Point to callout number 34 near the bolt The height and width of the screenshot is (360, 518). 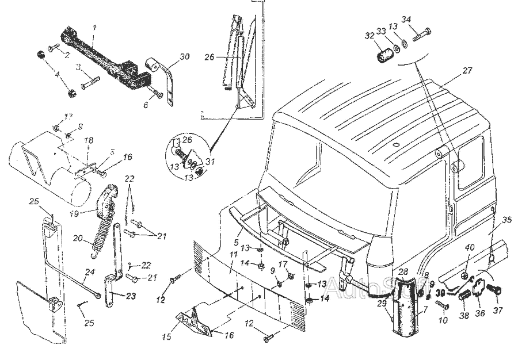[406, 20]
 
